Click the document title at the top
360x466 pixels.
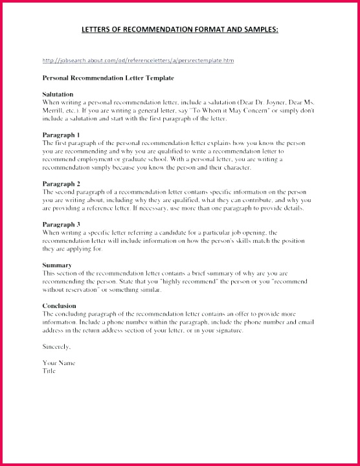click(180, 30)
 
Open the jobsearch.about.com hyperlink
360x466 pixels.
click(138, 60)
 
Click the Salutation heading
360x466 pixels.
click(58, 94)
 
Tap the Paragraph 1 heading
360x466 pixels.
click(61, 134)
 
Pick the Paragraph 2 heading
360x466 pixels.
click(61, 184)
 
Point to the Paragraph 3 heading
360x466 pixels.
click(61, 224)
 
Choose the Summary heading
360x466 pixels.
click(56, 265)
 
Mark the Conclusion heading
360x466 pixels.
click(59, 305)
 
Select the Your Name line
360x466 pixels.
click(59, 363)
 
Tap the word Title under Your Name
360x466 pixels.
click(49, 371)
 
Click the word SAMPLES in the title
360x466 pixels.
click(256, 30)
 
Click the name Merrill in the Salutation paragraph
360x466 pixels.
click(52, 111)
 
